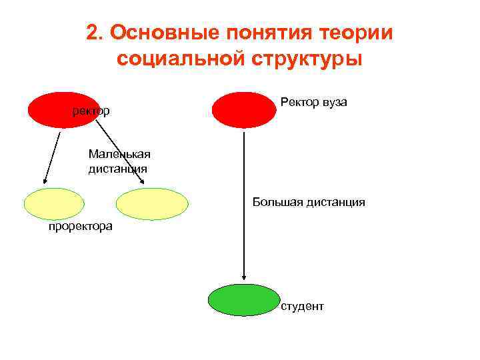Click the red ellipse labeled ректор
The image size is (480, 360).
pyautogui.click(x=63, y=109)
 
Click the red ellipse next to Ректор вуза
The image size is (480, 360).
pyautogui.click(x=243, y=109)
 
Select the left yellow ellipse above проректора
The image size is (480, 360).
pyautogui.click(x=54, y=204)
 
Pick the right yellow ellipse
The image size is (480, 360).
pyautogui.click(x=152, y=204)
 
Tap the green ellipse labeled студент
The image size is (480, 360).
pyautogui.click(x=244, y=300)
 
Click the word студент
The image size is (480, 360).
pyautogui.click(x=302, y=306)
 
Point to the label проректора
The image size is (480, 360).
pyautogui.click(x=80, y=227)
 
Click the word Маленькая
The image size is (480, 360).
pyautogui.click(x=119, y=155)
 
